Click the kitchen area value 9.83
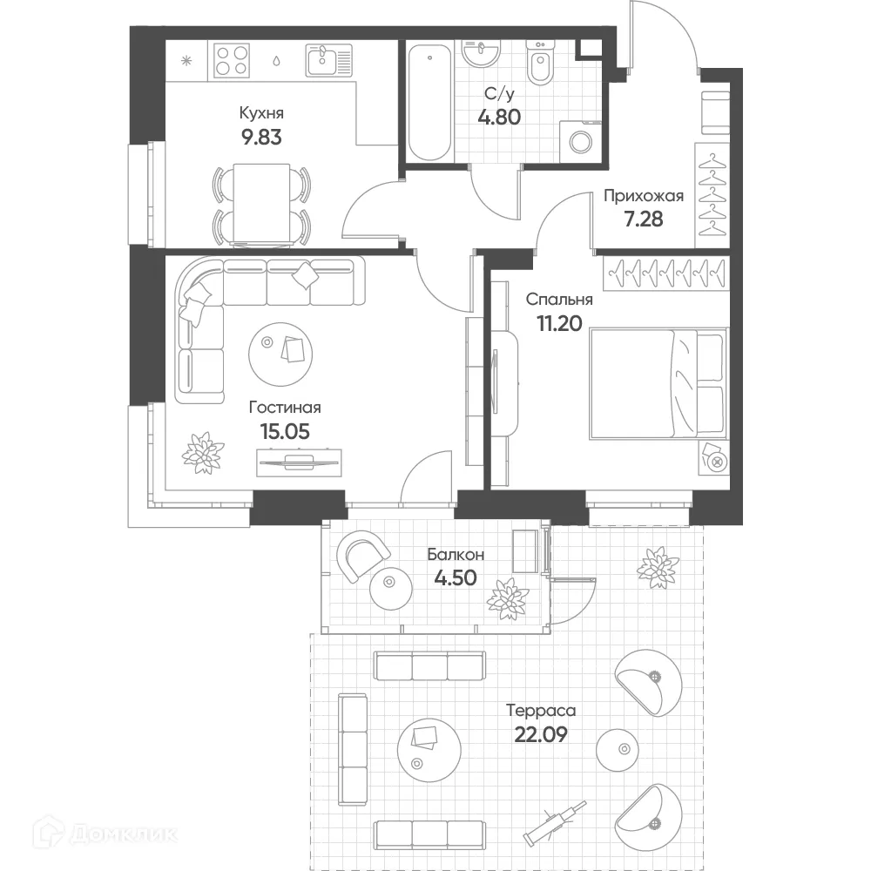[261, 137]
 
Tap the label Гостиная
[285, 407]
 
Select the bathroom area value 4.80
[499, 118]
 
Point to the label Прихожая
[644, 196]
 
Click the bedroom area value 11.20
[559, 323]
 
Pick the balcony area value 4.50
[456, 577]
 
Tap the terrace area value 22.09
[541, 734]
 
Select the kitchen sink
[329, 60]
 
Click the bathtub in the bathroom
[429, 102]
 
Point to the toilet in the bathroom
[539, 63]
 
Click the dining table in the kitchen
[261, 204]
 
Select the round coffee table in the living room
[280, 354]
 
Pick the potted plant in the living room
[203, 453]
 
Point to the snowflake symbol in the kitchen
[186, 61]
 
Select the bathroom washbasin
[481, 54]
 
